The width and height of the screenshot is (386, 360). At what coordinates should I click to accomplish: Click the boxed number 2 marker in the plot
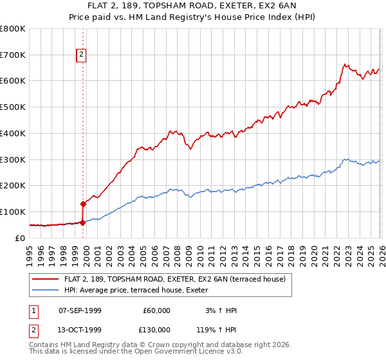click(x=82, y=56)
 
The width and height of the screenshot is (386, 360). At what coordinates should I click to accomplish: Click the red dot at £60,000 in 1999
click(x=82, y=222)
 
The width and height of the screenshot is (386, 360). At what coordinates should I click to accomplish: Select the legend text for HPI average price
click(x=149, y=291)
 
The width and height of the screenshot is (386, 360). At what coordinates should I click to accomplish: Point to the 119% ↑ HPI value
click(x=217, y=330)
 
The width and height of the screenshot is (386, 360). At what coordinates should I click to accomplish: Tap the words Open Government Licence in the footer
click(x=192, y=352)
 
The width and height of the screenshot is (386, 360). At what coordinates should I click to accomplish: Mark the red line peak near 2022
click(x=345, y=64)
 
